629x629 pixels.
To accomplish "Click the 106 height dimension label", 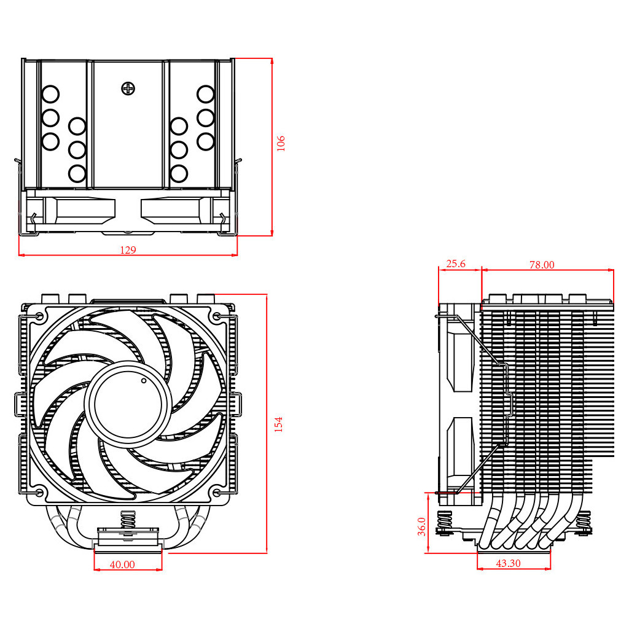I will [x=281, y=143].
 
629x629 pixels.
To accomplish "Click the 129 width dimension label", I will [x=128, y=250].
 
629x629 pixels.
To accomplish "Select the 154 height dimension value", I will [x=279, y=424].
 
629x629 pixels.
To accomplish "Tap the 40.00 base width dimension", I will [x=122, y=565].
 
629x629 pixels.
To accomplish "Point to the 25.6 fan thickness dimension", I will [x=456, y=264].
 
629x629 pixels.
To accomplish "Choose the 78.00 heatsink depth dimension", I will [x=542, y=265].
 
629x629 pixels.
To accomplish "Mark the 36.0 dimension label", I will [x=422, y=526].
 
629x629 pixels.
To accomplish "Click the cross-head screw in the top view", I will [x=128, y=88].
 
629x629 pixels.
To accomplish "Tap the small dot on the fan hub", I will [x=144, y=381].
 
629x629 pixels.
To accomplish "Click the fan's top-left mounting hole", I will [x=40, y=317].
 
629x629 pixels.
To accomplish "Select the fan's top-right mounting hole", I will [x=217, y=317].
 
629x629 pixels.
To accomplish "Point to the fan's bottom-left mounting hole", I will [x=40, y=493].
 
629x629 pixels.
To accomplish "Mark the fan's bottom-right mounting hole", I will [x=217, y=493].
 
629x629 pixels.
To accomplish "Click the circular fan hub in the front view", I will [x=129, y=405].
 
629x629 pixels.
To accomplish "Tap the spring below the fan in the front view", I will [x=128, y=520].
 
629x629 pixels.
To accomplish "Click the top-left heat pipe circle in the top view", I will [x=50, y=95].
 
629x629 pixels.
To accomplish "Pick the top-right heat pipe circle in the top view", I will [x=205, y=95].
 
